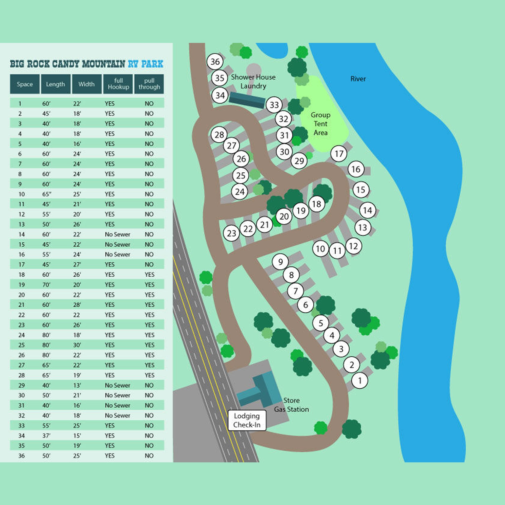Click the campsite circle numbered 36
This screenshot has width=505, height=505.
(x=215, y=62)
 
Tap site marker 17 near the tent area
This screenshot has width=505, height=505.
(x=339, y=153)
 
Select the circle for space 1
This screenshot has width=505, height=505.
(x=360, y=380)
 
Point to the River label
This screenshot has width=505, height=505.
(x=358, y=79)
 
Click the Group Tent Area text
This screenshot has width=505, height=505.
(x=321, y=124)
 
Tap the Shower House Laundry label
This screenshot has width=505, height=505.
(x=253, y=81)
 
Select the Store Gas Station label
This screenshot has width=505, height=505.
(x=291, y=405)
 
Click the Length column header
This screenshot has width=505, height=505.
(x=55, y=84)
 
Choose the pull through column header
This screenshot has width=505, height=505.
(x=149, y=84)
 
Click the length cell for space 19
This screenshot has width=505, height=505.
(x=46, y=284)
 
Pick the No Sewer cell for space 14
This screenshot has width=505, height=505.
(x=117, y=234)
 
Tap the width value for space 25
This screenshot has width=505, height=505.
(x=77, y=345)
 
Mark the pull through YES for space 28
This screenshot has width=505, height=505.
(x=149, y=375)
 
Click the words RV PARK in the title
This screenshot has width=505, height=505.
(x=145, y=64)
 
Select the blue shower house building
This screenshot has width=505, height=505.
(x=247, y=100)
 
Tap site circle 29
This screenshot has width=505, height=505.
(x=299, y=161)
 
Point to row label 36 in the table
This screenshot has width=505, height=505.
(x=21, y=456)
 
